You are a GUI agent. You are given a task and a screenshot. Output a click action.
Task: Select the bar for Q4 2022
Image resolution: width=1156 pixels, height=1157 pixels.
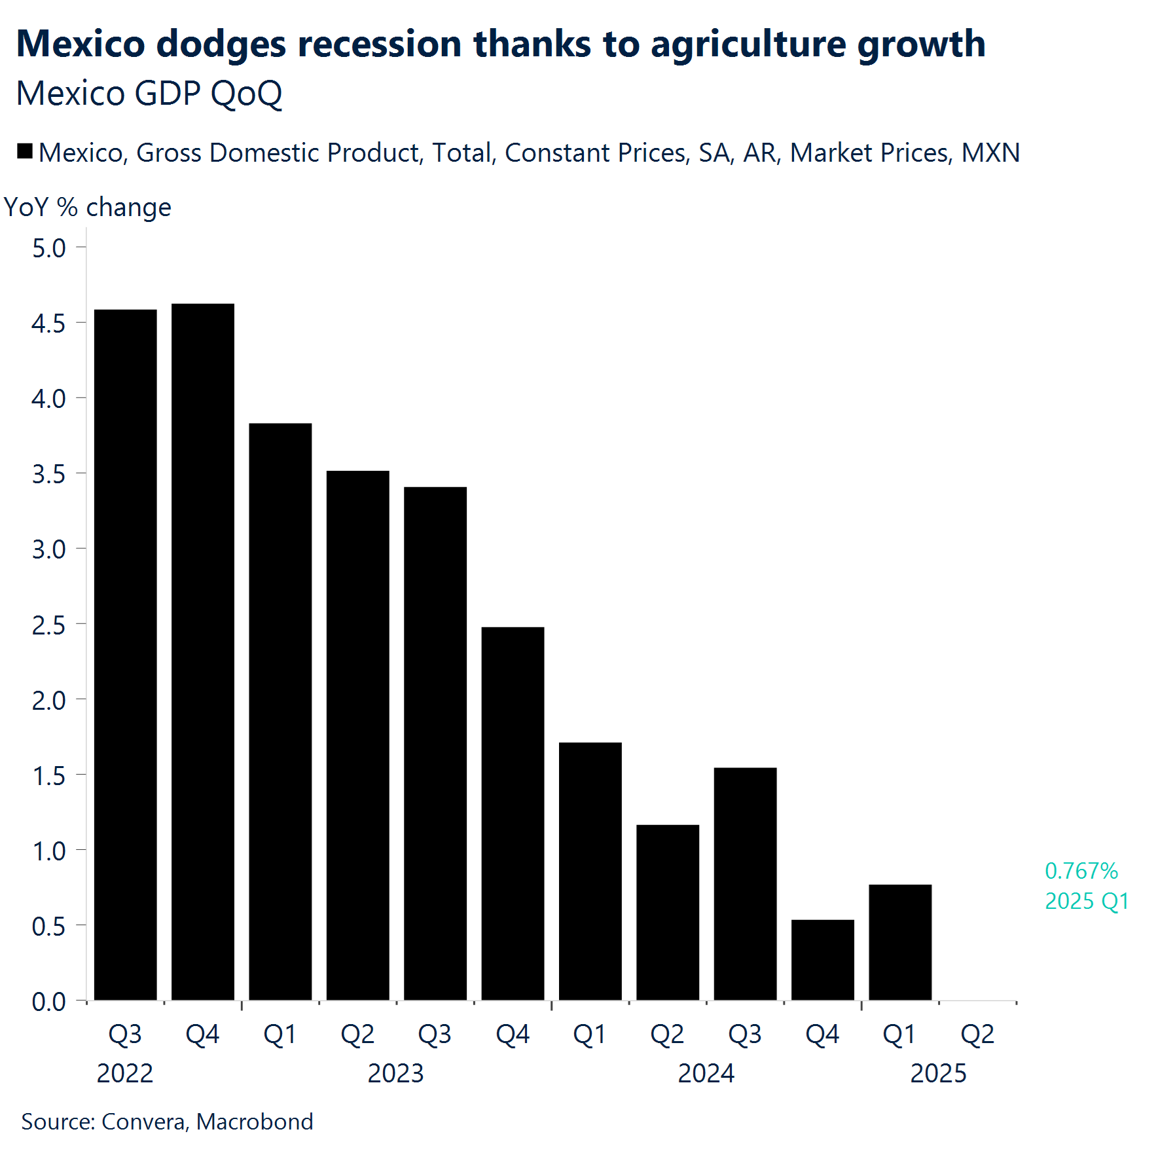point(203,652)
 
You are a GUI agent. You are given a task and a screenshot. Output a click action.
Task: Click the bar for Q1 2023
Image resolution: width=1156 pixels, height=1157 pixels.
point(280,712)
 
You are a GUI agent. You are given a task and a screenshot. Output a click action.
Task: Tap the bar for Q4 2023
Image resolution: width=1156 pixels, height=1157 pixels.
point(513,813)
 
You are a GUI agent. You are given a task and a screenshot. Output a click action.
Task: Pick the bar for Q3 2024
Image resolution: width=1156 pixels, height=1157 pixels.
point(745,883)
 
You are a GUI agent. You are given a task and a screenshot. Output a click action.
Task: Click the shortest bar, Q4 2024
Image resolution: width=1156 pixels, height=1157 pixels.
point(822,960)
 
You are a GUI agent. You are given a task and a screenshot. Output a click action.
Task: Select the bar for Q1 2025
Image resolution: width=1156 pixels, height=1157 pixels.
point(900,942)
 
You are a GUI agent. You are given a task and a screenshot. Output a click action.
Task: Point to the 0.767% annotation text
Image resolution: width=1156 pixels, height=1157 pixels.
point(1081,871)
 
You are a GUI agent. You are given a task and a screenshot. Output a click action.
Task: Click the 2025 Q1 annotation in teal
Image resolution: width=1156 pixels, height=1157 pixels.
point(1087,901)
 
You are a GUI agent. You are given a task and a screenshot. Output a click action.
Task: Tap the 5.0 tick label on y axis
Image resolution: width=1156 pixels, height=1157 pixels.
point(48,248)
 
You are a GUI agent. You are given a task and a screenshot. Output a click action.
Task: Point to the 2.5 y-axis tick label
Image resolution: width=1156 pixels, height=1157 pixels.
point(48,625)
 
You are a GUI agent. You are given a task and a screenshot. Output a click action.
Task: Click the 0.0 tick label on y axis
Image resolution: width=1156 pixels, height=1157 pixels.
point(48,1002)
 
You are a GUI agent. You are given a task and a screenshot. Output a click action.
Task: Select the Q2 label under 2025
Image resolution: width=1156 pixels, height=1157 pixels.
point(977,1034)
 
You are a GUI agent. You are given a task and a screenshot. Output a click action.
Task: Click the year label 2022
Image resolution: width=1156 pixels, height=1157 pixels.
point(124,1073)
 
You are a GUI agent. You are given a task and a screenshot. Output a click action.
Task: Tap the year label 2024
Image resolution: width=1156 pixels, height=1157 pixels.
point(706,1073)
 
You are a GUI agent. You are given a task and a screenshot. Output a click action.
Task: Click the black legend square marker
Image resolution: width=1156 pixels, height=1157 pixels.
point(25,152)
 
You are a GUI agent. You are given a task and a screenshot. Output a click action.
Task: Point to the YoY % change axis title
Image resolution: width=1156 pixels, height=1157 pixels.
point(88,207)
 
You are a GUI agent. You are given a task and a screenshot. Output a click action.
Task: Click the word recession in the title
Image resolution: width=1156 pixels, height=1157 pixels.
point(380,45)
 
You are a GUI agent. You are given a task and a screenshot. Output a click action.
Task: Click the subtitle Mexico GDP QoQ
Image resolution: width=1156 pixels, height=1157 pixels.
point(149,93)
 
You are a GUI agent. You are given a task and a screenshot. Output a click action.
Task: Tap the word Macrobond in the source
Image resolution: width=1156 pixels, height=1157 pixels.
point(255,1122)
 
